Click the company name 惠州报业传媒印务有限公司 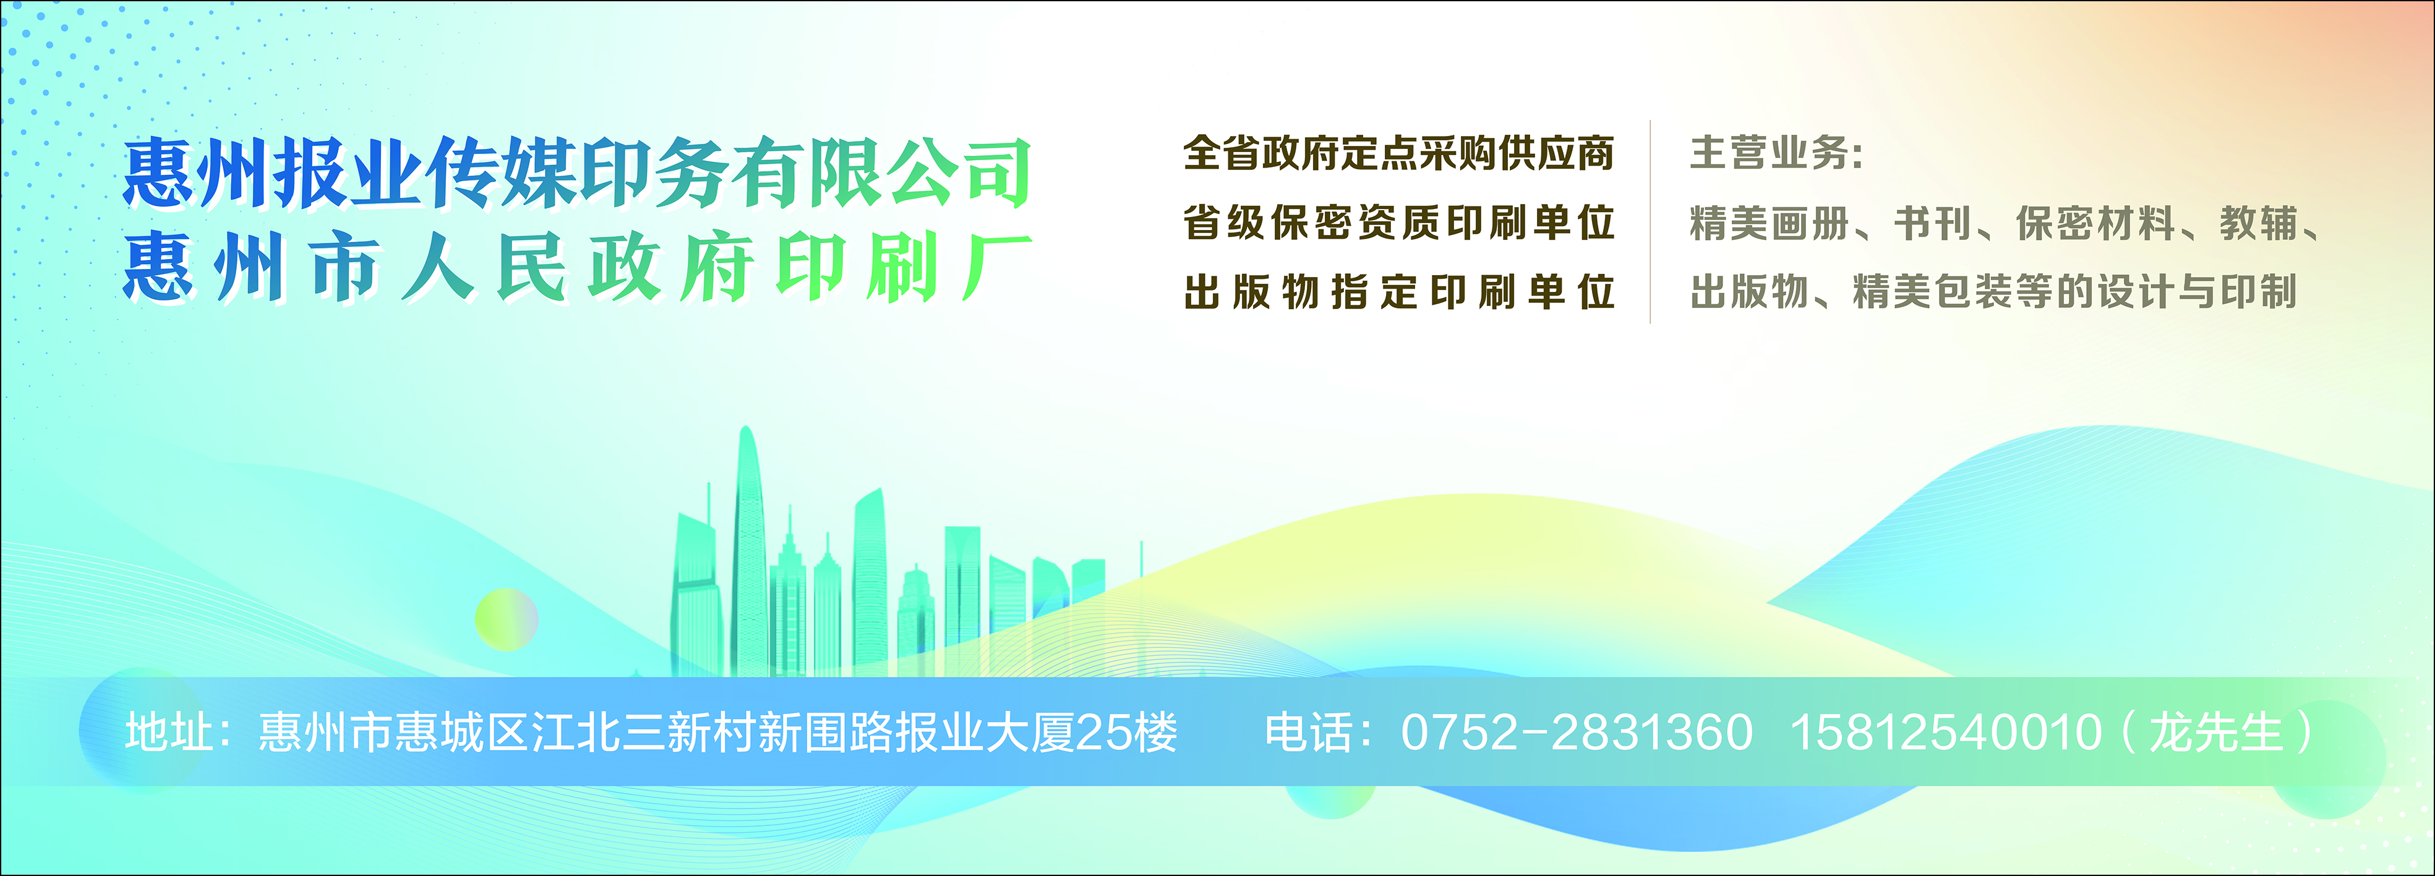point(576,172)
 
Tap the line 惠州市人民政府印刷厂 point(576,268)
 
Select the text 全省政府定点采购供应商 point(1399,153)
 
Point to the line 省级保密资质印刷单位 point(1399,223)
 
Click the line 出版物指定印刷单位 point(1399,292)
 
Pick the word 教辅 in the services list point(2259,224)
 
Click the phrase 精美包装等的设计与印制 point(2075,292)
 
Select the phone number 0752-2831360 point(1577,733)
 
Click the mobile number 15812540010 point(1945,733)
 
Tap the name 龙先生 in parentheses point(2217,733)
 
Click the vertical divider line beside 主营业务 point(1650,222)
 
